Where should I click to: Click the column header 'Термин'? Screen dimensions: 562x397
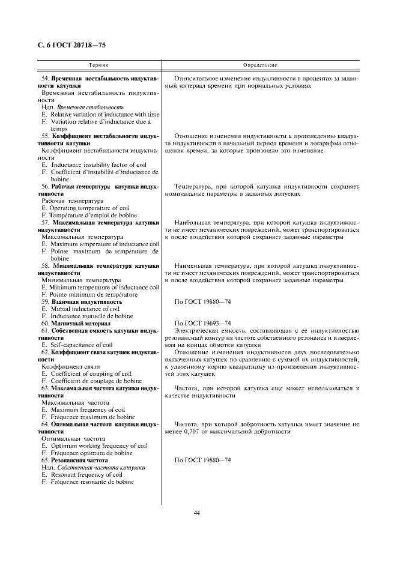click(98, 64)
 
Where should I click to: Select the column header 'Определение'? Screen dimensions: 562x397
click(260, 64)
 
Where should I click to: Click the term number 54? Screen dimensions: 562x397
click(45, 79)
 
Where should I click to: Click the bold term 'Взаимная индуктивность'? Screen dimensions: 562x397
click(83, 301)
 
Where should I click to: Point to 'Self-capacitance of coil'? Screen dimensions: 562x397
click(81, 345)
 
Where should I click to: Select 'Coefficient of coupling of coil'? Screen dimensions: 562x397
click(91, 373)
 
